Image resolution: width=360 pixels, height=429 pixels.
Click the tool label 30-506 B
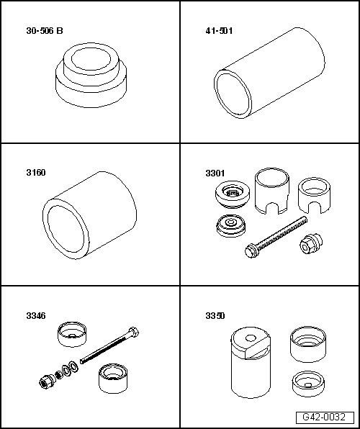point(45,31)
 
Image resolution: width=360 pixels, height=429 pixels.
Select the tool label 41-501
point(219,31)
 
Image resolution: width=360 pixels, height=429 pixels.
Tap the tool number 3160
point(36,173)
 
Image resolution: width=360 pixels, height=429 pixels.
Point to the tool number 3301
point(215,173)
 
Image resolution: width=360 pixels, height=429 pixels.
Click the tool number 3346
point(36,316)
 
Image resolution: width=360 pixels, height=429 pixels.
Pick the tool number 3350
point(215,316)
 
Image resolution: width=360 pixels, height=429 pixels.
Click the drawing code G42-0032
point(324,417)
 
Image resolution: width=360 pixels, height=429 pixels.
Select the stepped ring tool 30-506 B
point(91,75)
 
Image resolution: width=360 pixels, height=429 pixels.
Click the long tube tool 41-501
point(269,73)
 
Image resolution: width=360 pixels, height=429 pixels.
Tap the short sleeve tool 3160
point(89,215)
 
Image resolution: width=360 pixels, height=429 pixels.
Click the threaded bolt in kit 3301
point(276,237)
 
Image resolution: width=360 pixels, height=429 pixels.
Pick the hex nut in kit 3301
point(311,243)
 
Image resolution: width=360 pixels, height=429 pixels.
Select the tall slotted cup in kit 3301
point(272,191)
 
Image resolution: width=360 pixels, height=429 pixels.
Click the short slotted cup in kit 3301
point(314,195)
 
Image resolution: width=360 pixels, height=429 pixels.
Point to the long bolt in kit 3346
point(109,346)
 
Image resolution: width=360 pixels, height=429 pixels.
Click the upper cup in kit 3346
point(72,334)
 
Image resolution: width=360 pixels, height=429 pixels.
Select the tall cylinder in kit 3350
point(251,362)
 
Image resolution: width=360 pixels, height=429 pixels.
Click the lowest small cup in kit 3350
point(308,384)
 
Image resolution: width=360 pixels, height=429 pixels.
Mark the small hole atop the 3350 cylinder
point(251,338)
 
